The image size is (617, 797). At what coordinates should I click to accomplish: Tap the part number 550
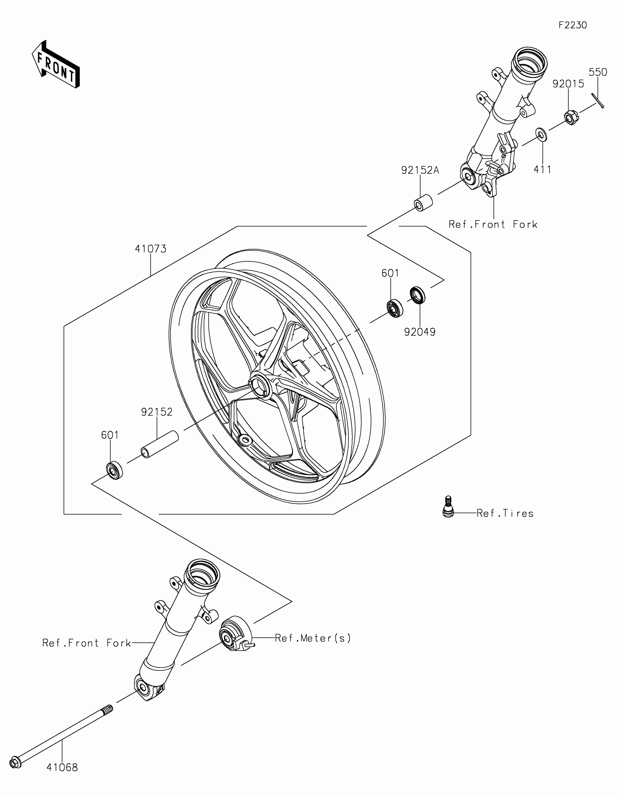tap(598, 73)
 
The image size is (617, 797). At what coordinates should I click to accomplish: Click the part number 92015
tap(568, 84)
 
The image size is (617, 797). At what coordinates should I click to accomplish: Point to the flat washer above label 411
tap(541, 134)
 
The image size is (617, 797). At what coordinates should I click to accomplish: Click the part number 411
tap(542, 169)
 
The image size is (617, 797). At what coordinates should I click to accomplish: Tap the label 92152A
tap(420, 170)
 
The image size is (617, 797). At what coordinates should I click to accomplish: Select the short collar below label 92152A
tap(423, 203)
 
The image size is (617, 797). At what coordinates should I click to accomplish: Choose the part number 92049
tap(420, 332)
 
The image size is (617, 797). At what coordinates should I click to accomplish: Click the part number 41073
tap(151, 249)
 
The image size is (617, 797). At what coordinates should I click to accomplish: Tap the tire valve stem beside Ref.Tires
tap(448, 507)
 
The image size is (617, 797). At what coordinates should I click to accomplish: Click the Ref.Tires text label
tap(505, 514)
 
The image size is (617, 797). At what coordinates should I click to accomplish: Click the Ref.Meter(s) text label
tap(313, 638)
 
